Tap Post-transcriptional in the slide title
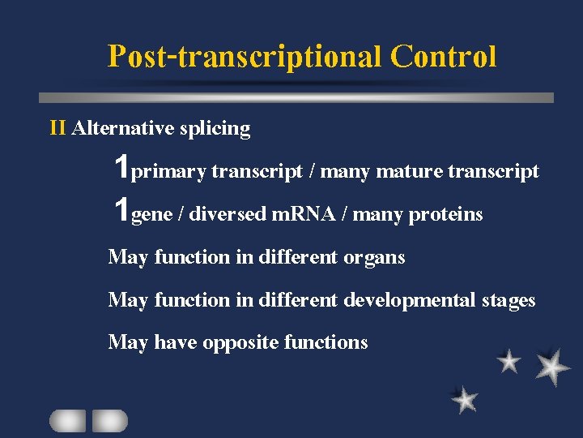[245, 57]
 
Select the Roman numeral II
[58, 128]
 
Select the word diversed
[229, 214]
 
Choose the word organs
[374, 258]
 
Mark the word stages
[509, 301]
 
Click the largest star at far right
[552, 367]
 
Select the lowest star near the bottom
[465, 399]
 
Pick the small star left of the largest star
[509, 361]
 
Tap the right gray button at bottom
[109, 420]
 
